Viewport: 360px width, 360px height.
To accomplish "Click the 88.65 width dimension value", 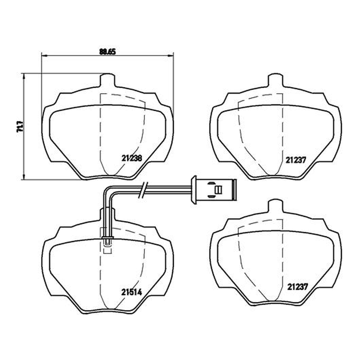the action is pyautogui.click(x=108, y=52).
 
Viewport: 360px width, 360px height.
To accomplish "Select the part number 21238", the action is pyautogui.click(x=132, y=158).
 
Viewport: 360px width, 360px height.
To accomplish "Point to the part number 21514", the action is pyautogui.click(x=131, y=292).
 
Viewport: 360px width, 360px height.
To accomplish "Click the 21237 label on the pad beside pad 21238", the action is pyautogui.click(x=296, y=160).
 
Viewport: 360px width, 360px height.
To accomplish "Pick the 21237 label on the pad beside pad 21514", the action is pyautogui.click(x=297, y=287).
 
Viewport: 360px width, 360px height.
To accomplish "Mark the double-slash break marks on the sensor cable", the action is pyautogui.click(x=143, y=190).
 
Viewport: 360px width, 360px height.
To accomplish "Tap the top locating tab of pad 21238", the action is pyautogui.click(x=107, y=80).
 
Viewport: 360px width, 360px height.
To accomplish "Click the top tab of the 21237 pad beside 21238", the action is pyautogui.click(x=276, y=80).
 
